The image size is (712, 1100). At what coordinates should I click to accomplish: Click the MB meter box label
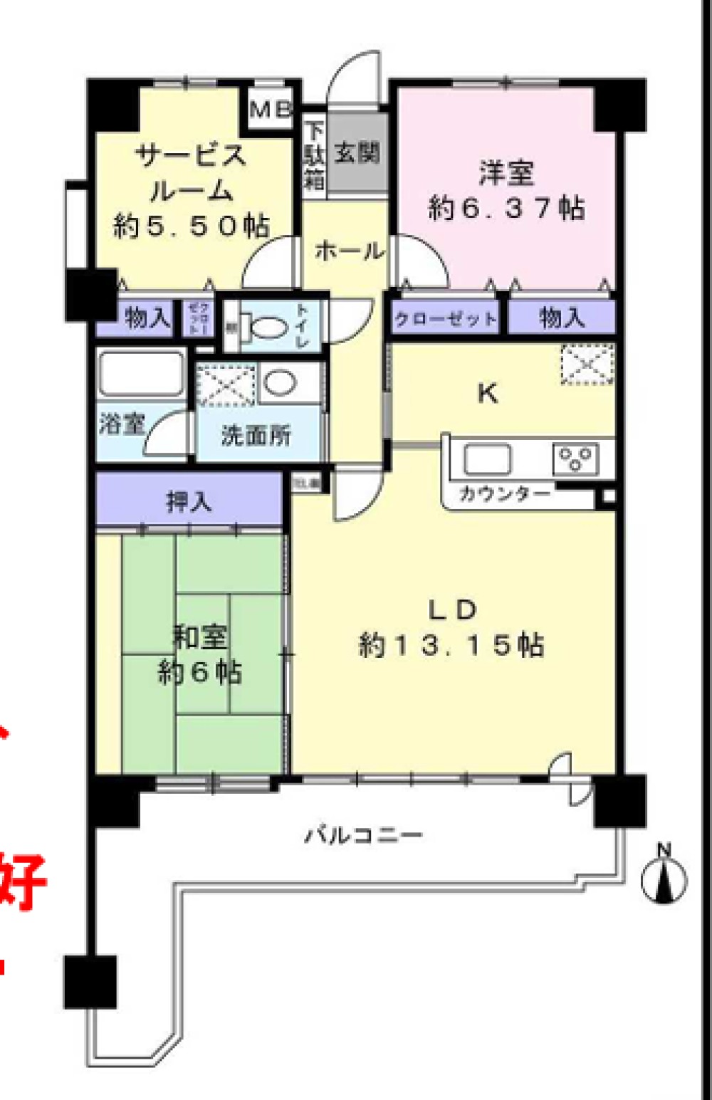point(271,109)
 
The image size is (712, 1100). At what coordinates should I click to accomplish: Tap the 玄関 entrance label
point(357,152)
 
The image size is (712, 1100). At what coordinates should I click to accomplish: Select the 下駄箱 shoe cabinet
point(313,157)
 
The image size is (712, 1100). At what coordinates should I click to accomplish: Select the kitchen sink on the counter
point(487,459)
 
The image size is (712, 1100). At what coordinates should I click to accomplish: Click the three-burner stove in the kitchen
point(575,459)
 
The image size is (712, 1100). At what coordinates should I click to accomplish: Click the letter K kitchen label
point(487,392)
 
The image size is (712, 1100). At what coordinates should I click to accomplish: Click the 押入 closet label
point(189,502)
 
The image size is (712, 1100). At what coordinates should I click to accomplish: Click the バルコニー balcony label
point(364,834)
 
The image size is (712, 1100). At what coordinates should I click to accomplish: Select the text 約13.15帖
point(451,645)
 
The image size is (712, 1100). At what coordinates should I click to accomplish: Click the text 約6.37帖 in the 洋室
point(506,208)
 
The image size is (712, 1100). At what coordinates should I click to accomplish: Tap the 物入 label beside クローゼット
point(562,318)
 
